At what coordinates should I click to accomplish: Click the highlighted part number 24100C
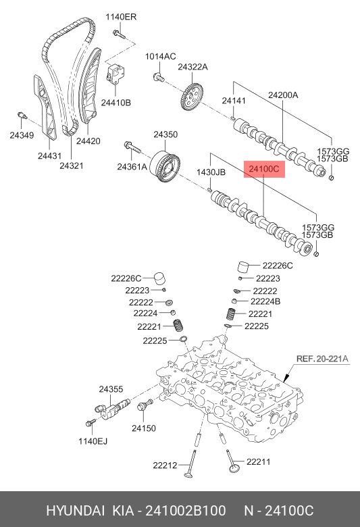click(x=264, y=169)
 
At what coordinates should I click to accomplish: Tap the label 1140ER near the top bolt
click(x=121, y=17)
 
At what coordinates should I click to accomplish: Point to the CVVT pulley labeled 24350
click(x=165, y=167)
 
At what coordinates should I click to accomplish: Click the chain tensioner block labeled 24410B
click(x=115, y=73)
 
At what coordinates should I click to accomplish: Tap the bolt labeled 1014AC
click(x=159, y=77)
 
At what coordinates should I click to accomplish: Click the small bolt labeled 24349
click(x=22, y=116)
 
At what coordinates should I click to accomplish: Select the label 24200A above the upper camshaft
click(x=283, y=95)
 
